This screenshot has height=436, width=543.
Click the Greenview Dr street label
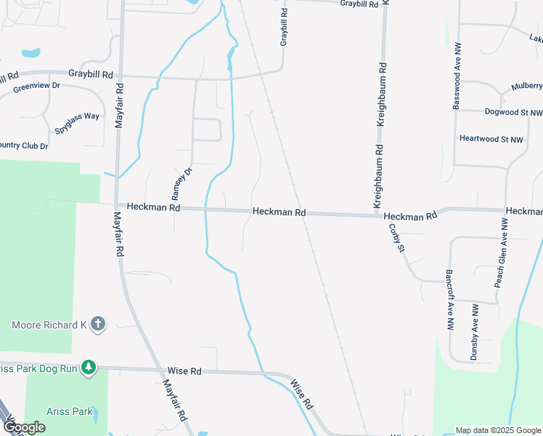(36, 88)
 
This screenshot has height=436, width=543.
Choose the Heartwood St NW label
(491, 139)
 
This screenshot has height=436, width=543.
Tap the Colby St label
(396, 238)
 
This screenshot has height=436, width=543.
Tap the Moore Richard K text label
(48, 325)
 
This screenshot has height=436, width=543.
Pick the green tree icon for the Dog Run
(89, 368)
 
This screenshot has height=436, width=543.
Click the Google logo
(23, 427)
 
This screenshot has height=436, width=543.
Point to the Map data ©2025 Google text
(499, 430)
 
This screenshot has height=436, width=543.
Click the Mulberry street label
(527, 86)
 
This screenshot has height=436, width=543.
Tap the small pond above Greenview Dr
(31, 53)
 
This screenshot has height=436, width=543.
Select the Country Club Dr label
(24, 146)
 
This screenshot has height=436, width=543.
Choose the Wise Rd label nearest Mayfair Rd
(184, 371)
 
